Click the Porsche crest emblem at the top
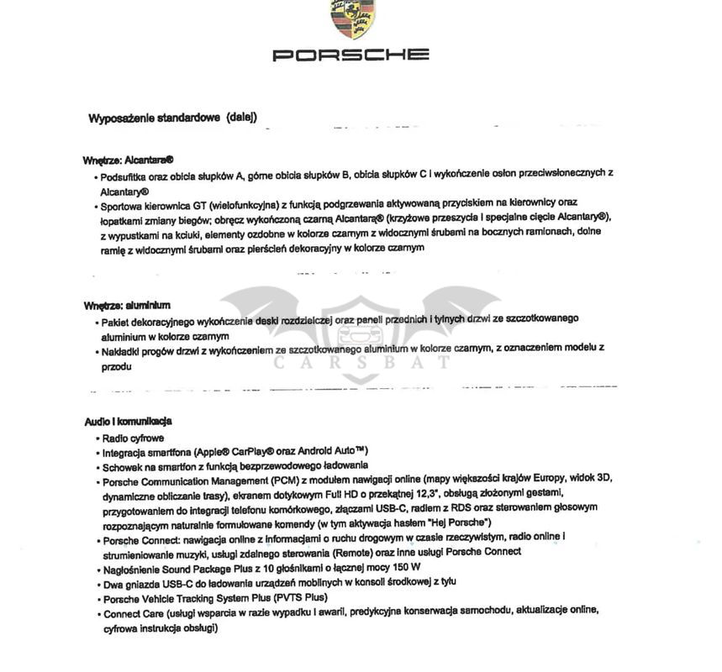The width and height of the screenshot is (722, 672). pyautogui.click(x=352, y=18)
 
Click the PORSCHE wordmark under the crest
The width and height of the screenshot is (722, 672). pyautogui.click(x=350, y=55)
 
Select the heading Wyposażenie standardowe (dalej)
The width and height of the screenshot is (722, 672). pyautogui.click(x=172, y=118)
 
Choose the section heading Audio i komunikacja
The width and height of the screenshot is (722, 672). pyautogui.click(x=128, y=421)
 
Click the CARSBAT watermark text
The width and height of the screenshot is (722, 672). pyautogui.click(x=361, y=363)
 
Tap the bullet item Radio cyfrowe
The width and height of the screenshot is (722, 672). pyautogui.click(x=133, y=438)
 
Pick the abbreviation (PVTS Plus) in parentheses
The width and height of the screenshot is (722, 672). pyautogui.click(x=299, y=598)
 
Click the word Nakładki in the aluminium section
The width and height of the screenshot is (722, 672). pyautogui.click(x=123, y=348)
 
